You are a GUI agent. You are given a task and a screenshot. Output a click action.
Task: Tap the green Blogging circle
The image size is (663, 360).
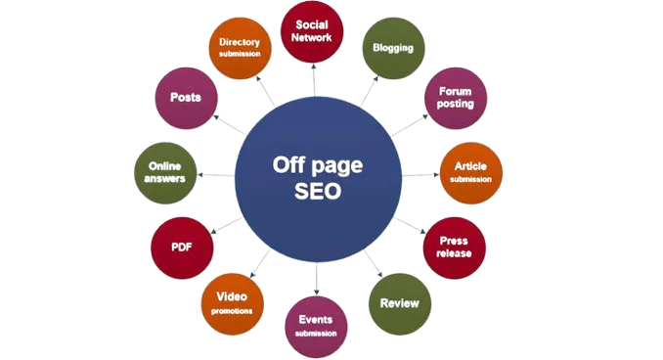(x=393, y=47)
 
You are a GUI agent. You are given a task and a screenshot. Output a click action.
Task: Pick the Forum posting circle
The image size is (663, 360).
(x=455, y=98)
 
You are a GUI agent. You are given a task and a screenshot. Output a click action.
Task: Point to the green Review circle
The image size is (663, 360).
(x=398, y=302)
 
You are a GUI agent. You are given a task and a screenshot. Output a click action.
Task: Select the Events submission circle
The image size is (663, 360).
(x=316, y=325)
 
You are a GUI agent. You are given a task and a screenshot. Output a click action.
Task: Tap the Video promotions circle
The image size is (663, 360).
(x=231, y=303)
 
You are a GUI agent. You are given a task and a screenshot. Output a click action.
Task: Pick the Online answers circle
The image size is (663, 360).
(x=163, y=172)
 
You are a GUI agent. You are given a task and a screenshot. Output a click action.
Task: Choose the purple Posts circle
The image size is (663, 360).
(x=186, y=98)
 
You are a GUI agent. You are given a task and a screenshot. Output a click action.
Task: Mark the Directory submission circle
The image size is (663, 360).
(x=240, y=47)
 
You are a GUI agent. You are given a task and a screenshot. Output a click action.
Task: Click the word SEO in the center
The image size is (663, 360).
(x=318, y=192)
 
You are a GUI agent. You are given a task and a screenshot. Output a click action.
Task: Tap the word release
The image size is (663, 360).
(x=455, y=253)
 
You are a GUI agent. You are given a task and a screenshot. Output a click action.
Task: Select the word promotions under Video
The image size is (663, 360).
(x=231, y=311)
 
